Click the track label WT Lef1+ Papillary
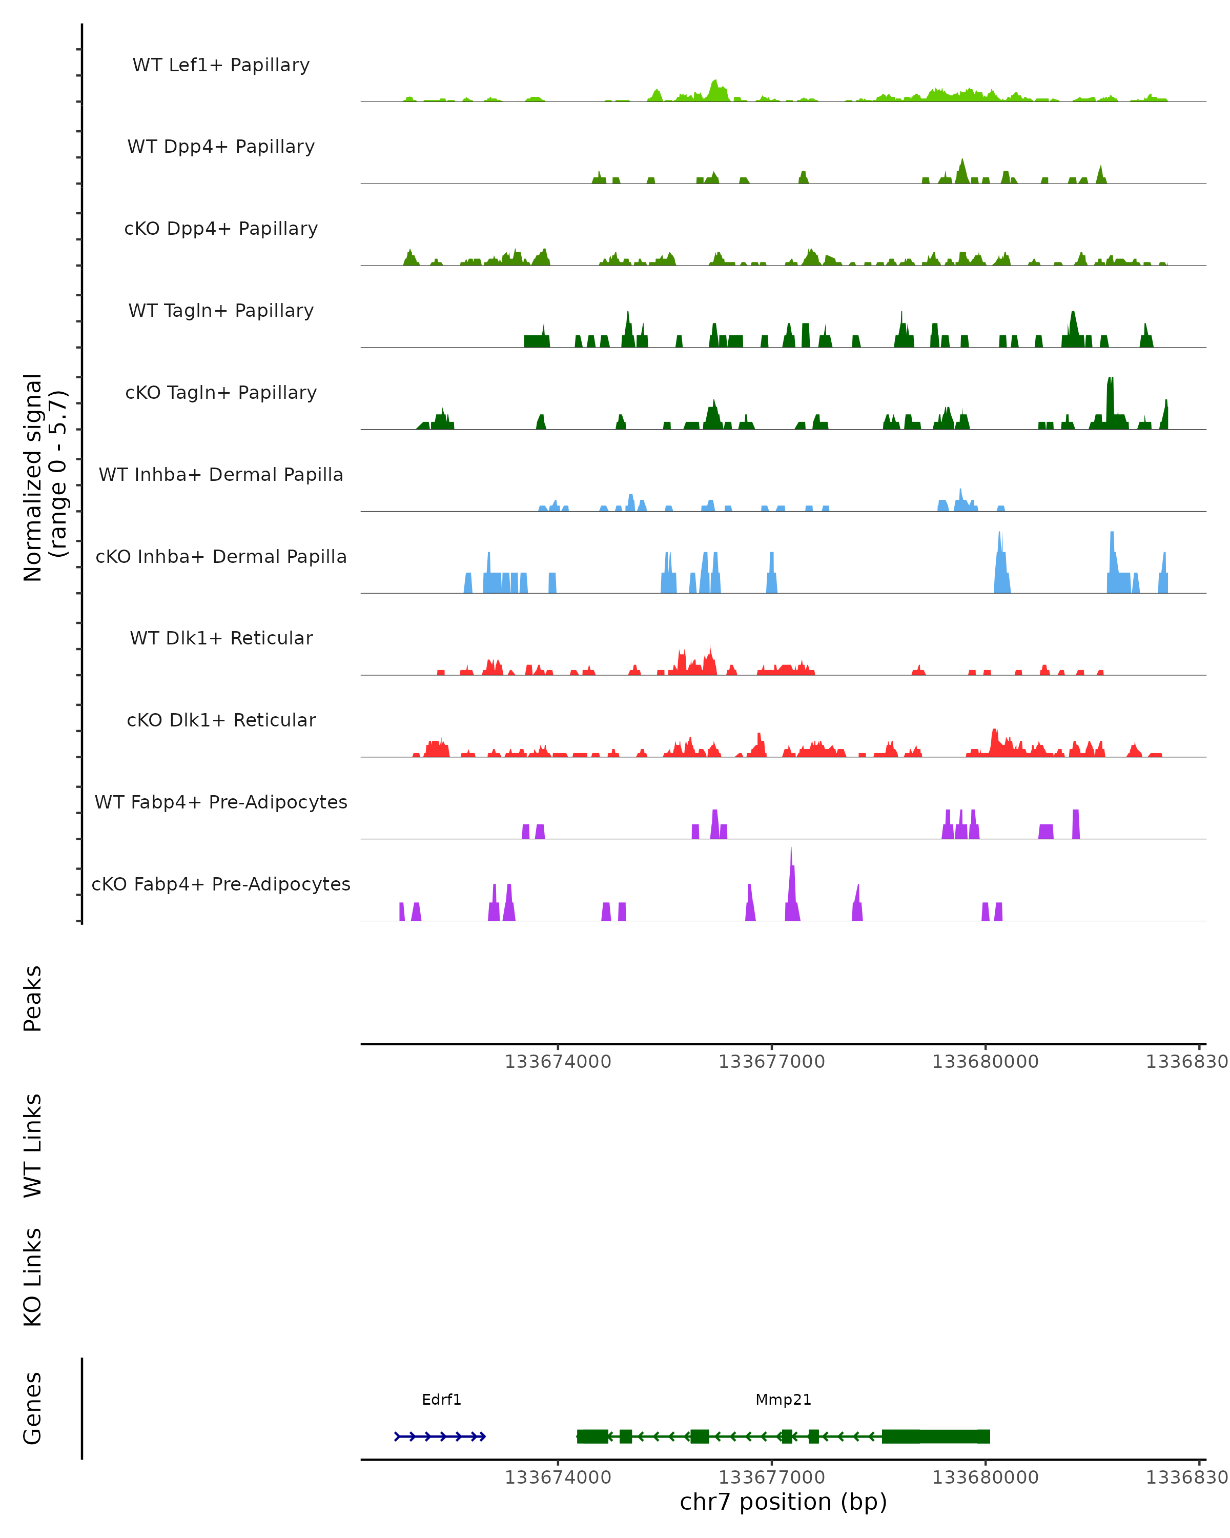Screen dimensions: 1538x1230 221,65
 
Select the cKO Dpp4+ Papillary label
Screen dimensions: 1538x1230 221,228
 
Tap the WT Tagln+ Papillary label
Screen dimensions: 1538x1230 221,310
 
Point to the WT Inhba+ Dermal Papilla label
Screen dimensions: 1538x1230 221,474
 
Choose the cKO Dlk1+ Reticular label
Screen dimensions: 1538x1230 221,720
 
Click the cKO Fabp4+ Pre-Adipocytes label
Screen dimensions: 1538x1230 221,884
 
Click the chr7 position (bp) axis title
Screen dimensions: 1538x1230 783,1502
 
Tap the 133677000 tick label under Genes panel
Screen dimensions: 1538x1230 771,1478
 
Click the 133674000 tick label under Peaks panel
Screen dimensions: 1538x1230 558,1062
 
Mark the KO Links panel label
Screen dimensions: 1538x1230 33,1277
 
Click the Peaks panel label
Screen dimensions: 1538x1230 33,998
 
